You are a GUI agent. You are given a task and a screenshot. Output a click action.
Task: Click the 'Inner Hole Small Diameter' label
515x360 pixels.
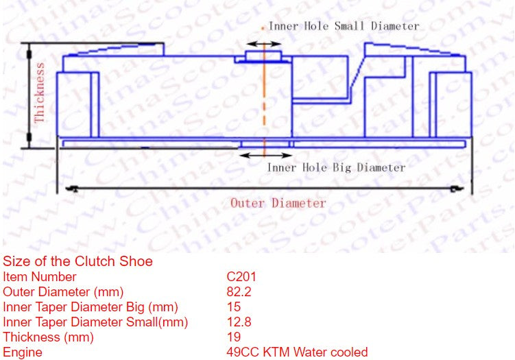click(344, 26)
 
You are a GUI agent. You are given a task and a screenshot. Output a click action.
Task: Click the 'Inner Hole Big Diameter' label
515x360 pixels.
click(336, 167)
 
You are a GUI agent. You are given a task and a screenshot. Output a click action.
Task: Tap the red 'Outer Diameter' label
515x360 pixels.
click(278, 203)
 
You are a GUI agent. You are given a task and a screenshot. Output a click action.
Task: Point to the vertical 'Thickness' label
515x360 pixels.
click(40, 93)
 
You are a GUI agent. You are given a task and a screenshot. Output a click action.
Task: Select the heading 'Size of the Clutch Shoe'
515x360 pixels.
click(77, 261)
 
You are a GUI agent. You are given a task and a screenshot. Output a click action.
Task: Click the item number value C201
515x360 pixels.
click(241, 277)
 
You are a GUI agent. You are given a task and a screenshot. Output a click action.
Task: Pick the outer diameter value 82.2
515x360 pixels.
click(239, 292)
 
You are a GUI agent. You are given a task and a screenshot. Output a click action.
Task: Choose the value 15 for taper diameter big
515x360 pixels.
click(233, 307)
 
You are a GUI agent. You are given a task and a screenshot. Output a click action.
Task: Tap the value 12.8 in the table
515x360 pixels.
click(239, 322)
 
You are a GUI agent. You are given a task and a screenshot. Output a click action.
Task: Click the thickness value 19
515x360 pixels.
click(233, 337)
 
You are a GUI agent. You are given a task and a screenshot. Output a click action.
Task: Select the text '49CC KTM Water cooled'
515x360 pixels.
click(297, 352)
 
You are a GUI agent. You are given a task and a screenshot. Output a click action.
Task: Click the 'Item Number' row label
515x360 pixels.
click(40, 277)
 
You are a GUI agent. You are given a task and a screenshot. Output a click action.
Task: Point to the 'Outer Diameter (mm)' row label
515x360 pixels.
click(63, 292)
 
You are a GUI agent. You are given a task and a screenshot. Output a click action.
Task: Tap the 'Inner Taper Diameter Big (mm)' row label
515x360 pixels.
click(91, 307)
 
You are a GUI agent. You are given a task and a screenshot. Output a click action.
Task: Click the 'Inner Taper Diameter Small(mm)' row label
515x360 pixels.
click(95, 322)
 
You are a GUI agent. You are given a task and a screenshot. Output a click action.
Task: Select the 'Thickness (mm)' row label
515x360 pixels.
click(48, 337)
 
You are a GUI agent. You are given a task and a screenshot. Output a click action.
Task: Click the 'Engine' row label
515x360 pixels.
click(23, 352)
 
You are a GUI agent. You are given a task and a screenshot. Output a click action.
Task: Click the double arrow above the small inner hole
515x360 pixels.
click(263, 44)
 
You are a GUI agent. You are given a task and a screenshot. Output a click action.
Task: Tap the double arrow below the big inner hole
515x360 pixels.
click(263, 155)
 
